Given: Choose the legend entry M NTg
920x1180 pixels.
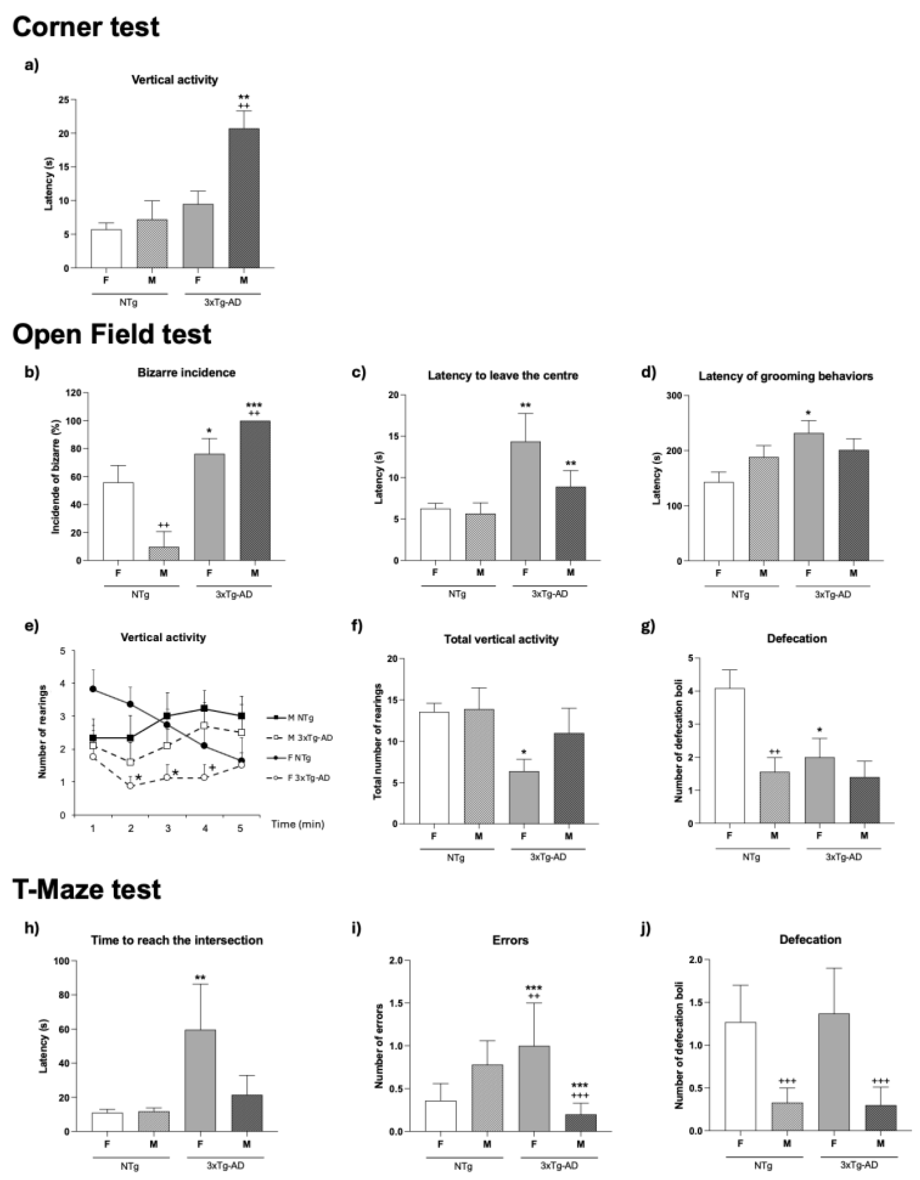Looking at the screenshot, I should click(300, 718).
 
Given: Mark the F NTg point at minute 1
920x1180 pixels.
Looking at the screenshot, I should click(93, 689).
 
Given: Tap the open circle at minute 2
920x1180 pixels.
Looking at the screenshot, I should click(130, 785).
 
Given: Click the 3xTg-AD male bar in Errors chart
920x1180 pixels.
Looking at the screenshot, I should click(581, 1122).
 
